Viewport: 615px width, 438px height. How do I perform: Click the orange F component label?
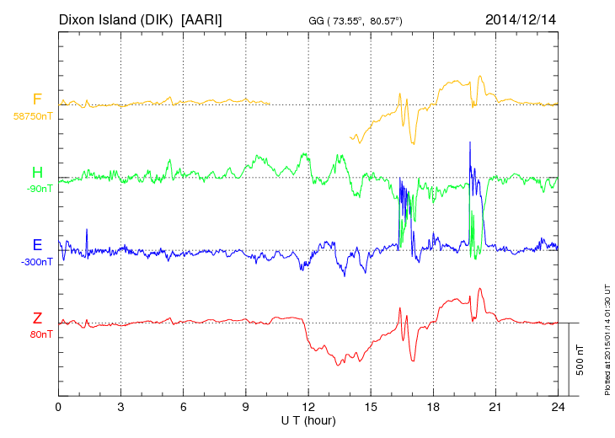pyautogui.click(x=37, y=99)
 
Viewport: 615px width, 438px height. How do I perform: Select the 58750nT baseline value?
pyautogui.click(x=32, y=115)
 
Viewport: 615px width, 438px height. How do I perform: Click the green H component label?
pyautogui.click(x=37, y=173)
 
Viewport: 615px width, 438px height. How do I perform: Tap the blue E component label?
pyautogui.click(x=37, y=245)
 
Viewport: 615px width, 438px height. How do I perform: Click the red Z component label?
pyautogui.click(x=37, y=318)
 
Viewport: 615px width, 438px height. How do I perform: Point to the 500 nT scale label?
pyautogui.click(x=580, y=360)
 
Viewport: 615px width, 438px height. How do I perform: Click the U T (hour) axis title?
pyautogui.click(x=308, y=419)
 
